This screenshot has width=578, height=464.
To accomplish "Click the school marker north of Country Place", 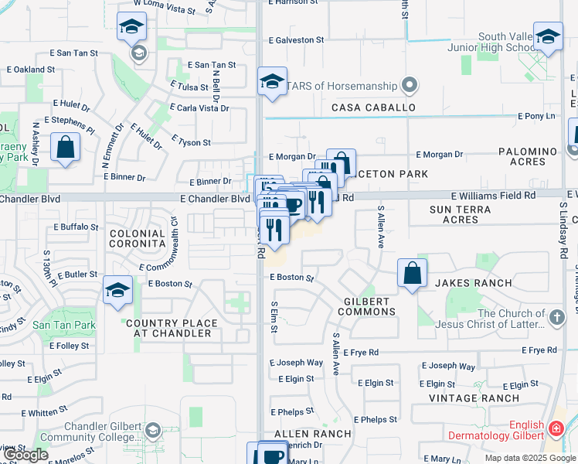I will (117, 291).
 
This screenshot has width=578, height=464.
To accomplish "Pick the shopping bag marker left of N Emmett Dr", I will (66, 146).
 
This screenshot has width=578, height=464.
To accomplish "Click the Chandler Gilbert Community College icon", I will (153, 430).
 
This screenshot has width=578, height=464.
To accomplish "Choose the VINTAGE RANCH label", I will (474, 398).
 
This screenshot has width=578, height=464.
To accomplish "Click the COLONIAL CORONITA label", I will (138, 238).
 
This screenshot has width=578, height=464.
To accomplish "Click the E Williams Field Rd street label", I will (494, 196).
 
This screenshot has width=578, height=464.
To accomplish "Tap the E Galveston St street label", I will (296, 40).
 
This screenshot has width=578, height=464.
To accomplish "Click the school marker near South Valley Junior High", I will (548, 37).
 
